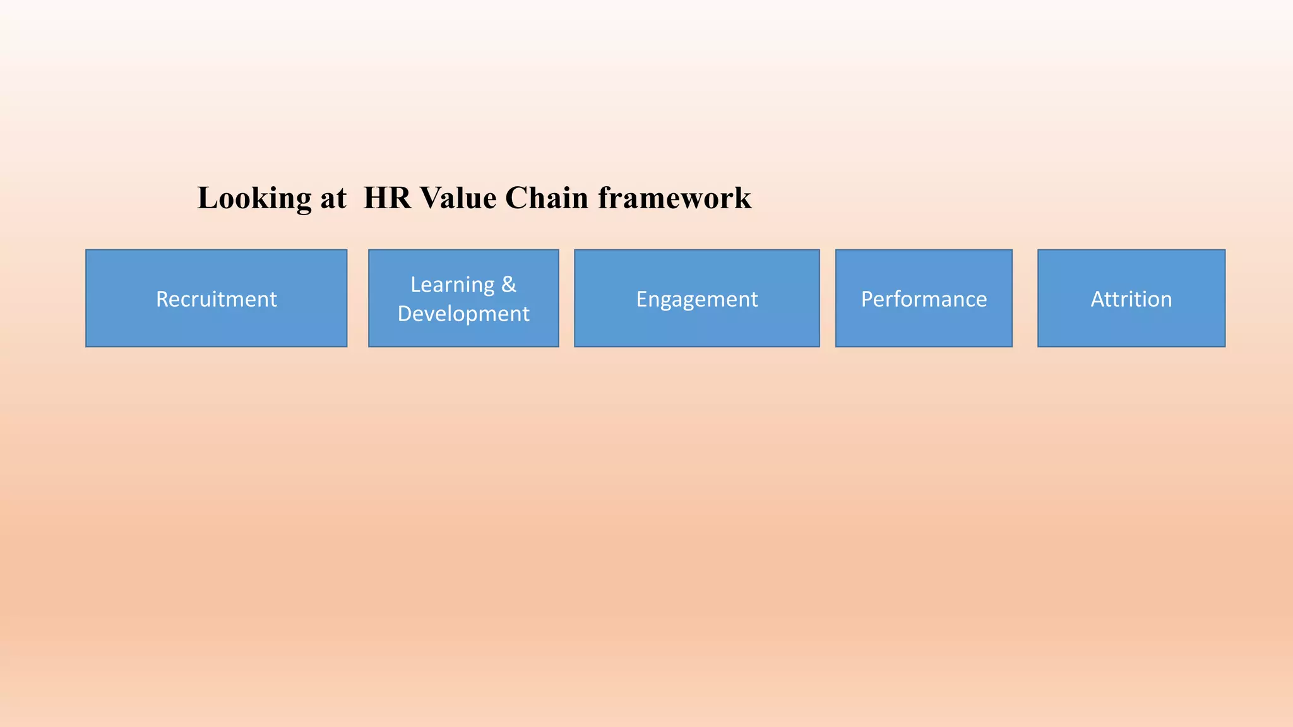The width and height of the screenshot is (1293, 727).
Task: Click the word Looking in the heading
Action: coord(254,198)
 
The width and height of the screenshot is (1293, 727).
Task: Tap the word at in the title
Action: coord(333,198)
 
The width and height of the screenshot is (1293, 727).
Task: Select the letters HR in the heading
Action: coord(386,198)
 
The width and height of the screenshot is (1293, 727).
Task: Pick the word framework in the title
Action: coord(674,198)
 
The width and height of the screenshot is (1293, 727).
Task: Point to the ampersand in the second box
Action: coord(509,285)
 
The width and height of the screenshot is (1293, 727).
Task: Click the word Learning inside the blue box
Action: coord(452,285)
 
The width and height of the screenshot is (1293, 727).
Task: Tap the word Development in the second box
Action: coord(463,314)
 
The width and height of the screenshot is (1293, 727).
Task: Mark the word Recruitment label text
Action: coord(216,299)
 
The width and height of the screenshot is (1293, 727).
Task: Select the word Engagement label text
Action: coord(696,299)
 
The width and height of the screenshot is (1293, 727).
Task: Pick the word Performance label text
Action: coord(923,299)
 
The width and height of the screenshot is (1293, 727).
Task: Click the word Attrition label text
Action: coord(1131,299)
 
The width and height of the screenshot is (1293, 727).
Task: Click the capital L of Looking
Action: coord(208,198)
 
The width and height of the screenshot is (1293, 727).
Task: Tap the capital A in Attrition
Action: coord(1098,299)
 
